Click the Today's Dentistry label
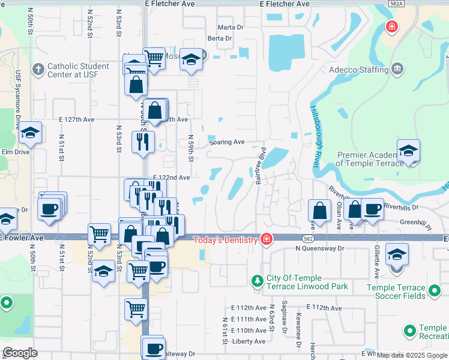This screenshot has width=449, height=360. [x=225, y=241]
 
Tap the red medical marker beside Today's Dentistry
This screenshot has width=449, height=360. [x=266, y=240]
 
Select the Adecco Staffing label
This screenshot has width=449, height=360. [x=358, y=70]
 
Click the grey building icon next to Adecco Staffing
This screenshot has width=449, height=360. [x=397, y=70]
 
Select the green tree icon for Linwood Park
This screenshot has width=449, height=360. [x=257, y=281]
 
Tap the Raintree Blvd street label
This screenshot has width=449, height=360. [x=262, y=166]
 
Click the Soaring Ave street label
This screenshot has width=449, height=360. [x=227, y=142]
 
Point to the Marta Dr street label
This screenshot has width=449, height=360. [x=231, y=28]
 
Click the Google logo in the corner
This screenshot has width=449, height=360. [x=20, y=352]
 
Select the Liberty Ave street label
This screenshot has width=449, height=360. [x=249, y=341]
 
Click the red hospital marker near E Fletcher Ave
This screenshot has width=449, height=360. [x=391, y=27]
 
